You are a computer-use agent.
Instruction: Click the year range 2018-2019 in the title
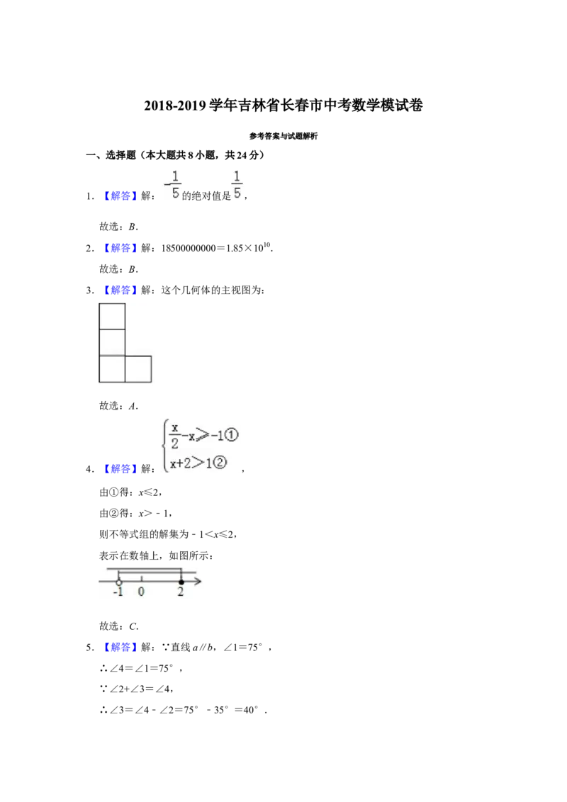click(175, 106)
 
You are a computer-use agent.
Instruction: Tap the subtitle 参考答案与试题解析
click(283, 136)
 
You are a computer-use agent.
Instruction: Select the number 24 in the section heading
click(242, 155)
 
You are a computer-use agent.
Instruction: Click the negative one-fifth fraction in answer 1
click(173, 185)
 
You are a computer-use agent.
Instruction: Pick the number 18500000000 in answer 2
click(189, 249)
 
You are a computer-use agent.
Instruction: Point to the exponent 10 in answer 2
click(266, 245)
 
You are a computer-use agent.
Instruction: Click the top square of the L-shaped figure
click(112, 317)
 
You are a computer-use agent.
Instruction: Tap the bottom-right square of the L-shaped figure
click(138, 369)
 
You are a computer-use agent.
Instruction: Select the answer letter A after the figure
click(133, 406)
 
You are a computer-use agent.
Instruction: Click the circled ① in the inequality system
click(231, 435)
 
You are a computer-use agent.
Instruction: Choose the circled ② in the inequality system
click(220, 463)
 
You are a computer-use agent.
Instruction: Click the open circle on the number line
click(119, 582)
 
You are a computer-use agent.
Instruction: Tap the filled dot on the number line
click(181, 582)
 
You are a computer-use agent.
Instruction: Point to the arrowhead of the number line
click(198, 581)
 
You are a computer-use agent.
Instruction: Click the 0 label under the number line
click(141, 592)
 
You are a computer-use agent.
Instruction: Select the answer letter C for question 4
click(133, 626)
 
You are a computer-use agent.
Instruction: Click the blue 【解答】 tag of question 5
click(120, 648)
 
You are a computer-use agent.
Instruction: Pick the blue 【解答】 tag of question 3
click(120, 290)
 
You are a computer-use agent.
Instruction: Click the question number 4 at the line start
click(89, 470)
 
